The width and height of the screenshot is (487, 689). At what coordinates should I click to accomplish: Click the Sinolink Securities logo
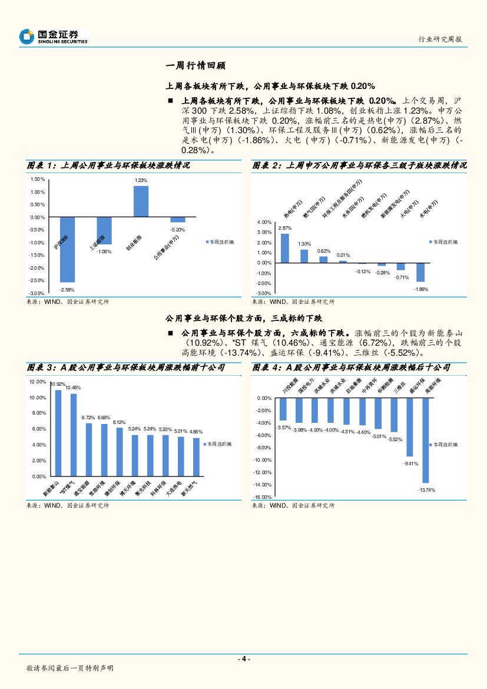(54, 37)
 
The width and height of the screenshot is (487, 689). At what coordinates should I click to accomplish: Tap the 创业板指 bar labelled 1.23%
(141, 201)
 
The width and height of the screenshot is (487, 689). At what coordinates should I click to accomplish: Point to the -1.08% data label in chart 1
(104, 251)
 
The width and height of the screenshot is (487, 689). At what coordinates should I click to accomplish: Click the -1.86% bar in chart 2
(420, 272)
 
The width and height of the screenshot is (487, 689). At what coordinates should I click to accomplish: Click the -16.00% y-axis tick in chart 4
(263, 497)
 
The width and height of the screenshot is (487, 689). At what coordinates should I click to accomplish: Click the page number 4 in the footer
(243, 659)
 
